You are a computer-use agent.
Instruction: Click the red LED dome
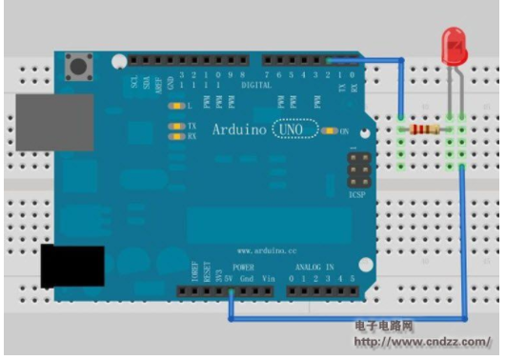(454, 41)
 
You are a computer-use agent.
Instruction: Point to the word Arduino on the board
(238, 129)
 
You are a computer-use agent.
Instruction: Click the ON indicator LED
(331, 131)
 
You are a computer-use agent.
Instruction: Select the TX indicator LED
(175, 126)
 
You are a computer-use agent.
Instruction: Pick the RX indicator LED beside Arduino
(175, 136)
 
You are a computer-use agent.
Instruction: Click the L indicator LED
(175, 104)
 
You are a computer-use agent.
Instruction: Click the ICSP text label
(359, 193)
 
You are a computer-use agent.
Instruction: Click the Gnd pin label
(246, 279)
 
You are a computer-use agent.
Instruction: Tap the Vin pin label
(268, 279)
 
